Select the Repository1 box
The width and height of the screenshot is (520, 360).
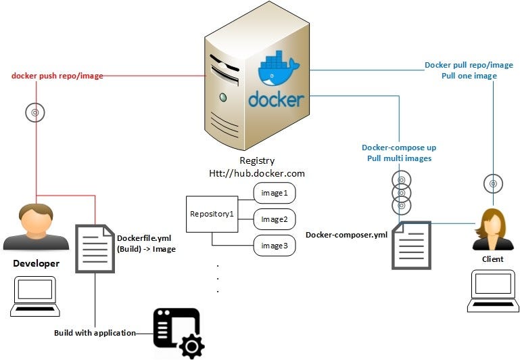(212, 213)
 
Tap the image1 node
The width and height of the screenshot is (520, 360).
(275, 193)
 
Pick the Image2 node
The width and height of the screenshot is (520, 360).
(275, 219)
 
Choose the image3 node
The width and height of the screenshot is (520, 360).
(275, 245)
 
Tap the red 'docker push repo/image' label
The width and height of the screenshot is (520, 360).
(57, 76)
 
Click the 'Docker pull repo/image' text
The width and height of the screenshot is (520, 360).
(469, 66)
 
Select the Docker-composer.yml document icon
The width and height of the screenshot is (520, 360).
(411, 245)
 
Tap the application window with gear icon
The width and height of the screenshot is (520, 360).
(178, 332)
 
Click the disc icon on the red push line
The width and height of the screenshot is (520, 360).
(35, 112)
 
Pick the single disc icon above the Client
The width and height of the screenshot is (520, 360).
(493, 183)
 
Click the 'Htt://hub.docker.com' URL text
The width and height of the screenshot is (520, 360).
(256, 173)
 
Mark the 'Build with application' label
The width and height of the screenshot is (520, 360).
(95, 333)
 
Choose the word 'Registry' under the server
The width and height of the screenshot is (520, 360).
(257, 161)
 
